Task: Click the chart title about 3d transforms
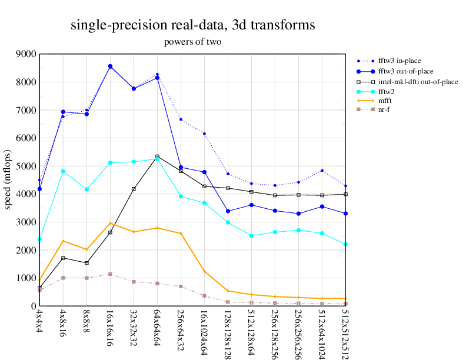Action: (192, 25)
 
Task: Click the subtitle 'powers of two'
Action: (192, 42)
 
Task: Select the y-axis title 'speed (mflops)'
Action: (9, 180)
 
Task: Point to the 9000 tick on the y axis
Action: (26, 54)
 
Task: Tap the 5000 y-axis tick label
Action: (26, 166)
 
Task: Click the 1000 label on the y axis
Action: (26, 278)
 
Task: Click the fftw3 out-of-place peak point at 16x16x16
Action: (110, 66)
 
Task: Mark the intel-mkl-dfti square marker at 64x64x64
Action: (157, 156)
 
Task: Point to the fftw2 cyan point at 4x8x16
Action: (63, 171)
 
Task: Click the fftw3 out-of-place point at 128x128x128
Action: (228, 211)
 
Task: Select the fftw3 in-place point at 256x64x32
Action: (181, 119)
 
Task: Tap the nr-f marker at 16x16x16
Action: (110, 274)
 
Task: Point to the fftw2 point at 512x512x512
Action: (345, 244)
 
